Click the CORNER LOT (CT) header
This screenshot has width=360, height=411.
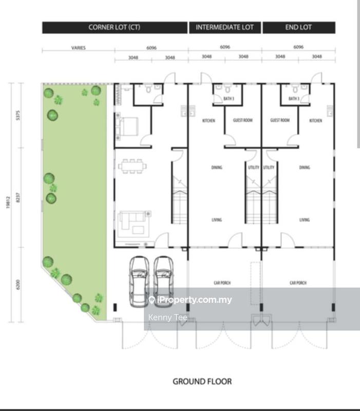click(115, 27)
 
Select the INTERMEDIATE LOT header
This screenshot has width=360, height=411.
click(225, 27)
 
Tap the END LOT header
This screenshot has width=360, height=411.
click(299, 27)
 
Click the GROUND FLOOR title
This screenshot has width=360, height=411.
click(202, 381)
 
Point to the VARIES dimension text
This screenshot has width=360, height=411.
click(79, 48)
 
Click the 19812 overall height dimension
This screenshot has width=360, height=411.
click(8, 202)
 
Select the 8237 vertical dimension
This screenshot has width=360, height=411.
click(18, 197)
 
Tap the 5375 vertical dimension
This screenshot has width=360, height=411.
click(18, 115)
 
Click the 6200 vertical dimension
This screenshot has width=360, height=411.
click(18, 285)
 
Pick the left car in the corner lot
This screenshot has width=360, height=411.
click(139, 282)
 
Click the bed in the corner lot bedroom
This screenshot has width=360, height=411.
click(127, 126)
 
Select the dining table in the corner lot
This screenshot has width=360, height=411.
click(132, 166)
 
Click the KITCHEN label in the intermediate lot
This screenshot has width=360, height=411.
click(209, 121)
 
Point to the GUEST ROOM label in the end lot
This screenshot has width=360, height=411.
click(280, 120)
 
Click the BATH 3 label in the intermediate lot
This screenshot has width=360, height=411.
click(229, 99)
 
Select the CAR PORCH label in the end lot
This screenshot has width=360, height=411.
click(298, 283)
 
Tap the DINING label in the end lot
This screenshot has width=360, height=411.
click(305, 167)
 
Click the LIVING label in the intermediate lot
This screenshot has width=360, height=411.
click(217, 220)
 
